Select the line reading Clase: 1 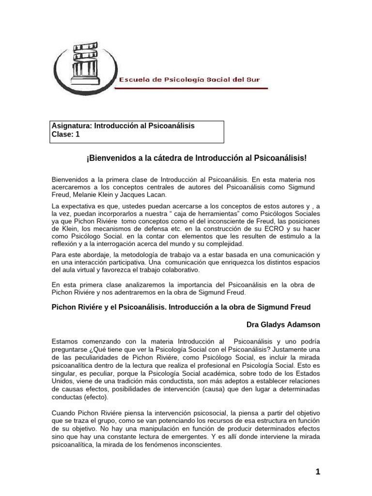65,135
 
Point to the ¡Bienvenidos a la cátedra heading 196,158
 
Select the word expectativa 80,207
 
